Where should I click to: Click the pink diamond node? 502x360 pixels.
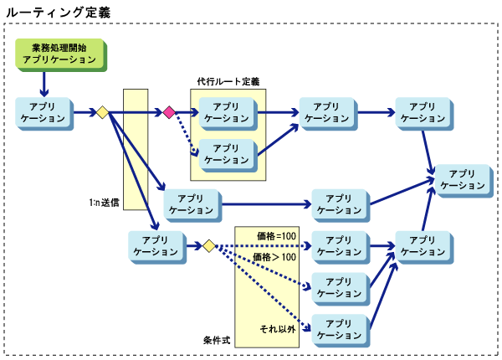169,111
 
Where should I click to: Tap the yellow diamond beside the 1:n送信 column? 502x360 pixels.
102,111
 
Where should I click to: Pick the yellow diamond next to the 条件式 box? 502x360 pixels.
208,246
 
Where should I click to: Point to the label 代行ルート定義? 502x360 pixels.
228,82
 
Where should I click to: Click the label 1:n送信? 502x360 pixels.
105,203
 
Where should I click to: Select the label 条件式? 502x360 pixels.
217,341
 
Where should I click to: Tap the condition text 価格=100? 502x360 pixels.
276,235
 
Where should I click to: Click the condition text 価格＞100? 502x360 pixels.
275,258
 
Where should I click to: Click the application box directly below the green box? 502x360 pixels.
42,112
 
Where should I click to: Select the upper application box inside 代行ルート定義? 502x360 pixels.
226,111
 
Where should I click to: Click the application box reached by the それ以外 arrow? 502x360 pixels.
338,329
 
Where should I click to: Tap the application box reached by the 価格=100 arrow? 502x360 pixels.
338,245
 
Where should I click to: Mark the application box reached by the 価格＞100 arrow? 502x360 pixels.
338,287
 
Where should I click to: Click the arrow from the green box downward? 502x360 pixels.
44,83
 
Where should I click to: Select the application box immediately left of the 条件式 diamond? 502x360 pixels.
156,246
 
